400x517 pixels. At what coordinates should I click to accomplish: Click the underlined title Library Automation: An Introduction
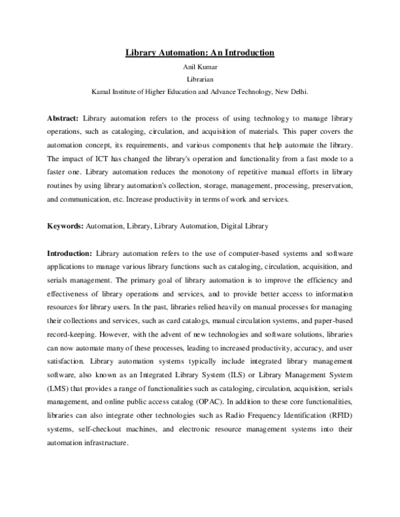tap(200, 52)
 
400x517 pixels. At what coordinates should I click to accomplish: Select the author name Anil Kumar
tap(200, 66)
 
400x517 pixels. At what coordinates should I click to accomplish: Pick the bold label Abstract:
tap(63, 117)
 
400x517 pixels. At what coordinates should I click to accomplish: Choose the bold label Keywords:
tap(65, 226)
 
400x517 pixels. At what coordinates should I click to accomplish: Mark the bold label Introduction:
tap(69, 254)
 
